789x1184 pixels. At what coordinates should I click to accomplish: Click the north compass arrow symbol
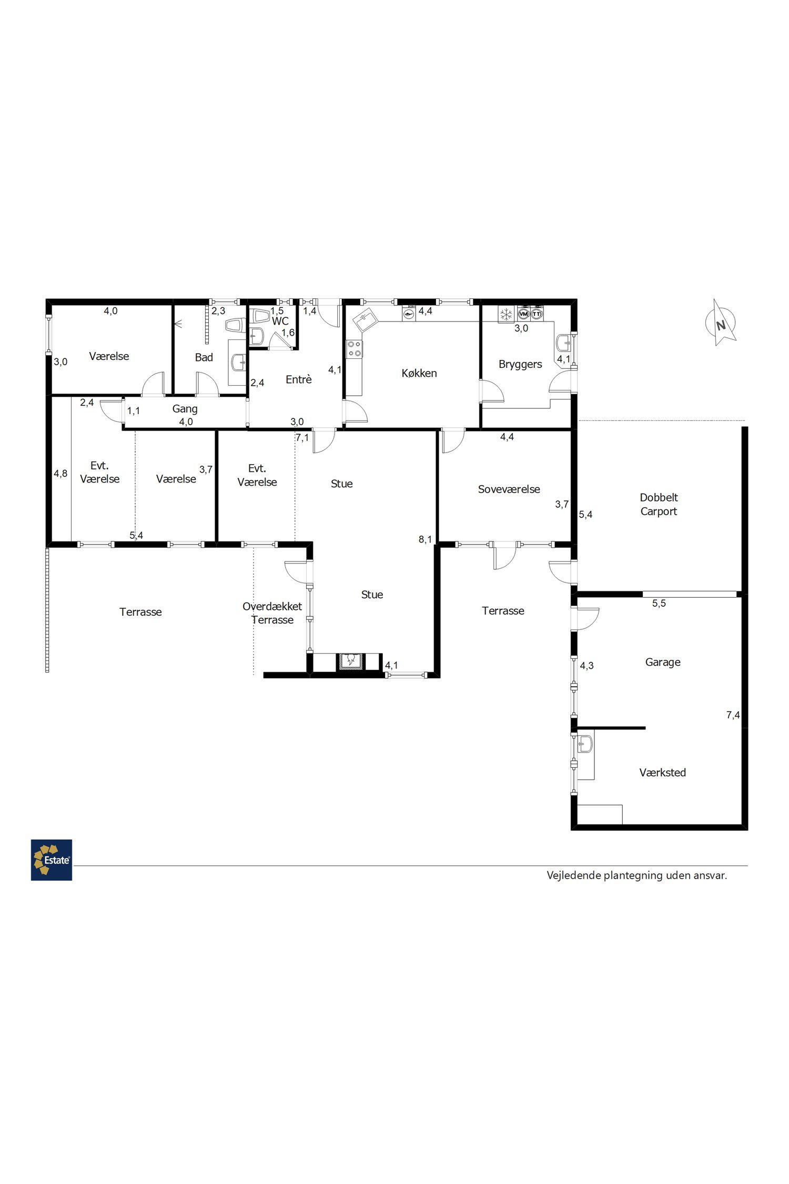point(721,323)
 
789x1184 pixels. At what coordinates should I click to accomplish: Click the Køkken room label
point(419,373)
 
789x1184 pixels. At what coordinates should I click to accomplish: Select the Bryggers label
point(520,364)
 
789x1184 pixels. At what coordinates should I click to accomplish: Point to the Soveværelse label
point(509,489)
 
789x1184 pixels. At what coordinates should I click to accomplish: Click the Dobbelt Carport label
point(659,504)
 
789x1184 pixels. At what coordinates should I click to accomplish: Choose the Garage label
point(663,662)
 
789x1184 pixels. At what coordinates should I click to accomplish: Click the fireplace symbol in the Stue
point(350,660)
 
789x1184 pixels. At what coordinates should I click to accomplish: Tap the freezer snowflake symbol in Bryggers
point(506,315)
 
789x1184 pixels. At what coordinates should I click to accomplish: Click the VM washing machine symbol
point(523,314)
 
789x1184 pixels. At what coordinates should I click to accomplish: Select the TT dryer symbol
point(537,314)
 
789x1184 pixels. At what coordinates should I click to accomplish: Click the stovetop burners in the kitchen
point(354,349)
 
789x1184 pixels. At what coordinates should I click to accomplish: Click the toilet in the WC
point(260,316)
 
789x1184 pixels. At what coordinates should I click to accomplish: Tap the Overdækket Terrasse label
point(272,613)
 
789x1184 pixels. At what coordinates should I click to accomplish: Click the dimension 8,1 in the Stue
point(425,539)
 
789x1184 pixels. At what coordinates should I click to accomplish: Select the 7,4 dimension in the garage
point(733,715)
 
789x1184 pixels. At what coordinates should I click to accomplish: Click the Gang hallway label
point(185,409)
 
